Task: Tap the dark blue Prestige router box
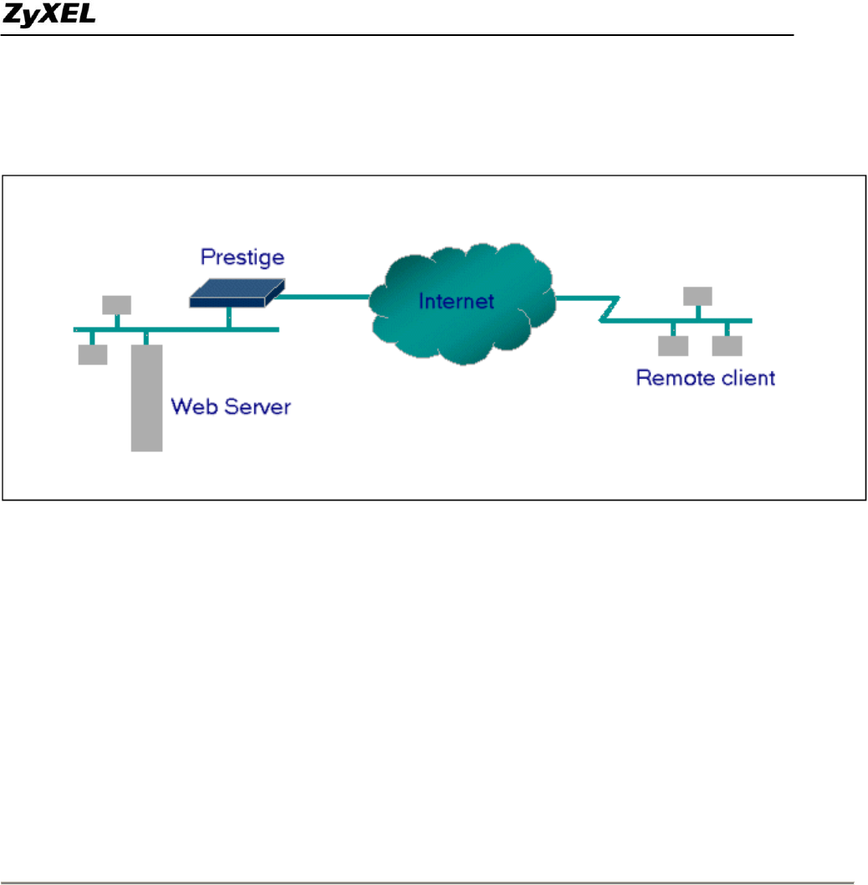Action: click(x=234, y=291)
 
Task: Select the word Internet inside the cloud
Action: click(x=457, y=301)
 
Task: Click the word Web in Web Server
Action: click(x=191, y=407)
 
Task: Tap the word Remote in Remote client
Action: click(x=671, y=378)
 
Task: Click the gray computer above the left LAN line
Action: click(x=116, y=304)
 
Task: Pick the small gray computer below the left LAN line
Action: click(x=92, y=354)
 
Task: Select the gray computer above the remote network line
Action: click(x=697, y=295)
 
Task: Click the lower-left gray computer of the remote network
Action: click(x=673, y=345)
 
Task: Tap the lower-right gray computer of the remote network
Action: click(x=728, y=345)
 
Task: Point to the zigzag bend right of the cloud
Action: click(x=609, y=309)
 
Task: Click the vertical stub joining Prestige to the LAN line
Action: click(x=228, y=318)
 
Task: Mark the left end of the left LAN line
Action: click(x=76, y=329)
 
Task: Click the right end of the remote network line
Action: click(x=749, y=321)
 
